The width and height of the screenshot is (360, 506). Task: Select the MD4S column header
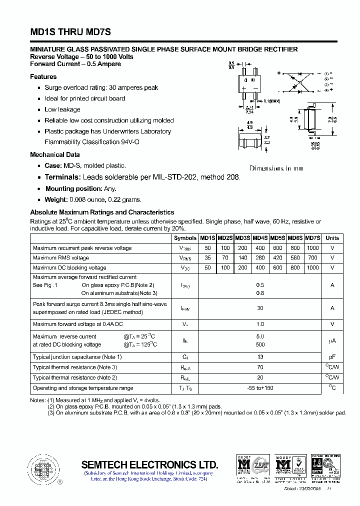pyautogui.click(x=260, y=238)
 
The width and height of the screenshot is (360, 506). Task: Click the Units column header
pyautogui.click(x=332, y=238)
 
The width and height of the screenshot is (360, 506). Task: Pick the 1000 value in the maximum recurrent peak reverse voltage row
pyautogui.click(x=312, y=248)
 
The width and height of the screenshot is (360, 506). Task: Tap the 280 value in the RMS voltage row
pyautogui.click(x=260, y=258)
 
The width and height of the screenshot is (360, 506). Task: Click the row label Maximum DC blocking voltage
pyautogui.click(x=69, y=268)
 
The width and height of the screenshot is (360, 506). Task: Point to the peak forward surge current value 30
pyautogui.click(x=260, y=308)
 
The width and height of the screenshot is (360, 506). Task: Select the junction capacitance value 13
pyautogui.click(x=260, y=357)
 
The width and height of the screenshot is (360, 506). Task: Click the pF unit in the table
pyautogui.click(x=332, y=357)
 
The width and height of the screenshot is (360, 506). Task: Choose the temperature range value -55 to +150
pyautogui.click(x=260, y=388)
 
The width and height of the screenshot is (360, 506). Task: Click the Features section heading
pyautogui.click(x=43, y=76)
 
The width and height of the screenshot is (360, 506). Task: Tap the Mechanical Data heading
pyautogui.click(x=55, y=154)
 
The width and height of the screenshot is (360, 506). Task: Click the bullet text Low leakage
pyautogui.click(x=62, y=109)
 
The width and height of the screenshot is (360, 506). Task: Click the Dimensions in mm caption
pyautogui.click(x=276, y=168)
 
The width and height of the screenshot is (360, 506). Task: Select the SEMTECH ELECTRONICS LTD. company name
pyautogui.click(x=149, y=464)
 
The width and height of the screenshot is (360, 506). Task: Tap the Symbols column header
pyautogui.click(x=185, y=238)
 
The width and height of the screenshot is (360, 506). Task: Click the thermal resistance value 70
pyautogui.click(x=260, y=367)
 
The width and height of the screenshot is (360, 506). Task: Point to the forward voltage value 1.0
pyautogui.click(x=260, y=324)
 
